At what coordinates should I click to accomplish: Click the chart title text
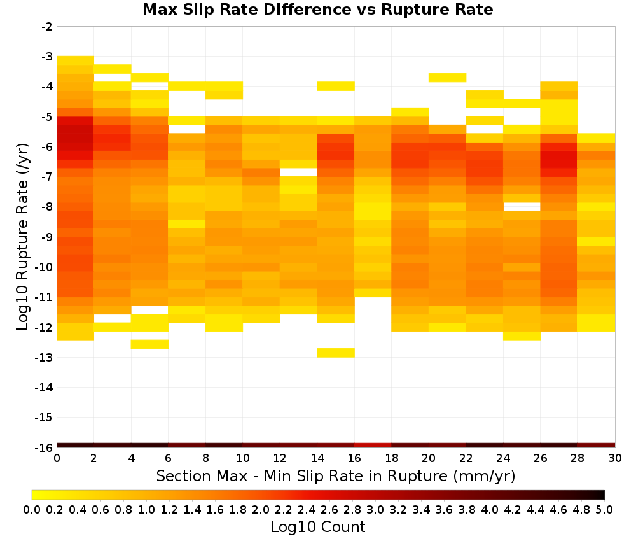[317, 10]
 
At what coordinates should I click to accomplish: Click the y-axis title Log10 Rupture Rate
[22, 237]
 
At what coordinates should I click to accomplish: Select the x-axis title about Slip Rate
[335, 475]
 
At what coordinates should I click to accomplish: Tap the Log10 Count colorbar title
[317, 527]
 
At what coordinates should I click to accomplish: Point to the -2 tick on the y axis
[47, 27]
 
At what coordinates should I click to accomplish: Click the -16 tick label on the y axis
[45, 447]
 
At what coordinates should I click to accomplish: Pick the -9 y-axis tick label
[47, 237]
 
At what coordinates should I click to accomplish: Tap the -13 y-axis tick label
[45, 357]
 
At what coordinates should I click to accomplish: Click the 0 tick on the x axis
[57, 458]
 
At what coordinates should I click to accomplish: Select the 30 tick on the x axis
[615, 458]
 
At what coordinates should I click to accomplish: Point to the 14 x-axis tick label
[317, 458]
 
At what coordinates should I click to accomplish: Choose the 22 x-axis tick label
[466, 458]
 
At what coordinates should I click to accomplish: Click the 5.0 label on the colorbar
[604, 509]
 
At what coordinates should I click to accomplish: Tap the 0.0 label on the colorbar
[32, 509]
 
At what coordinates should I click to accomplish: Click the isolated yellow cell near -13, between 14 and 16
[336, 353]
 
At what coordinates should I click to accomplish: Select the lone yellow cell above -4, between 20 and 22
[447, 78]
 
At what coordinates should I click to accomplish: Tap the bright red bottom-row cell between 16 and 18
[373, 446]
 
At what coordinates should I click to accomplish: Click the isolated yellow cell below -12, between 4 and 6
[149, 344]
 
